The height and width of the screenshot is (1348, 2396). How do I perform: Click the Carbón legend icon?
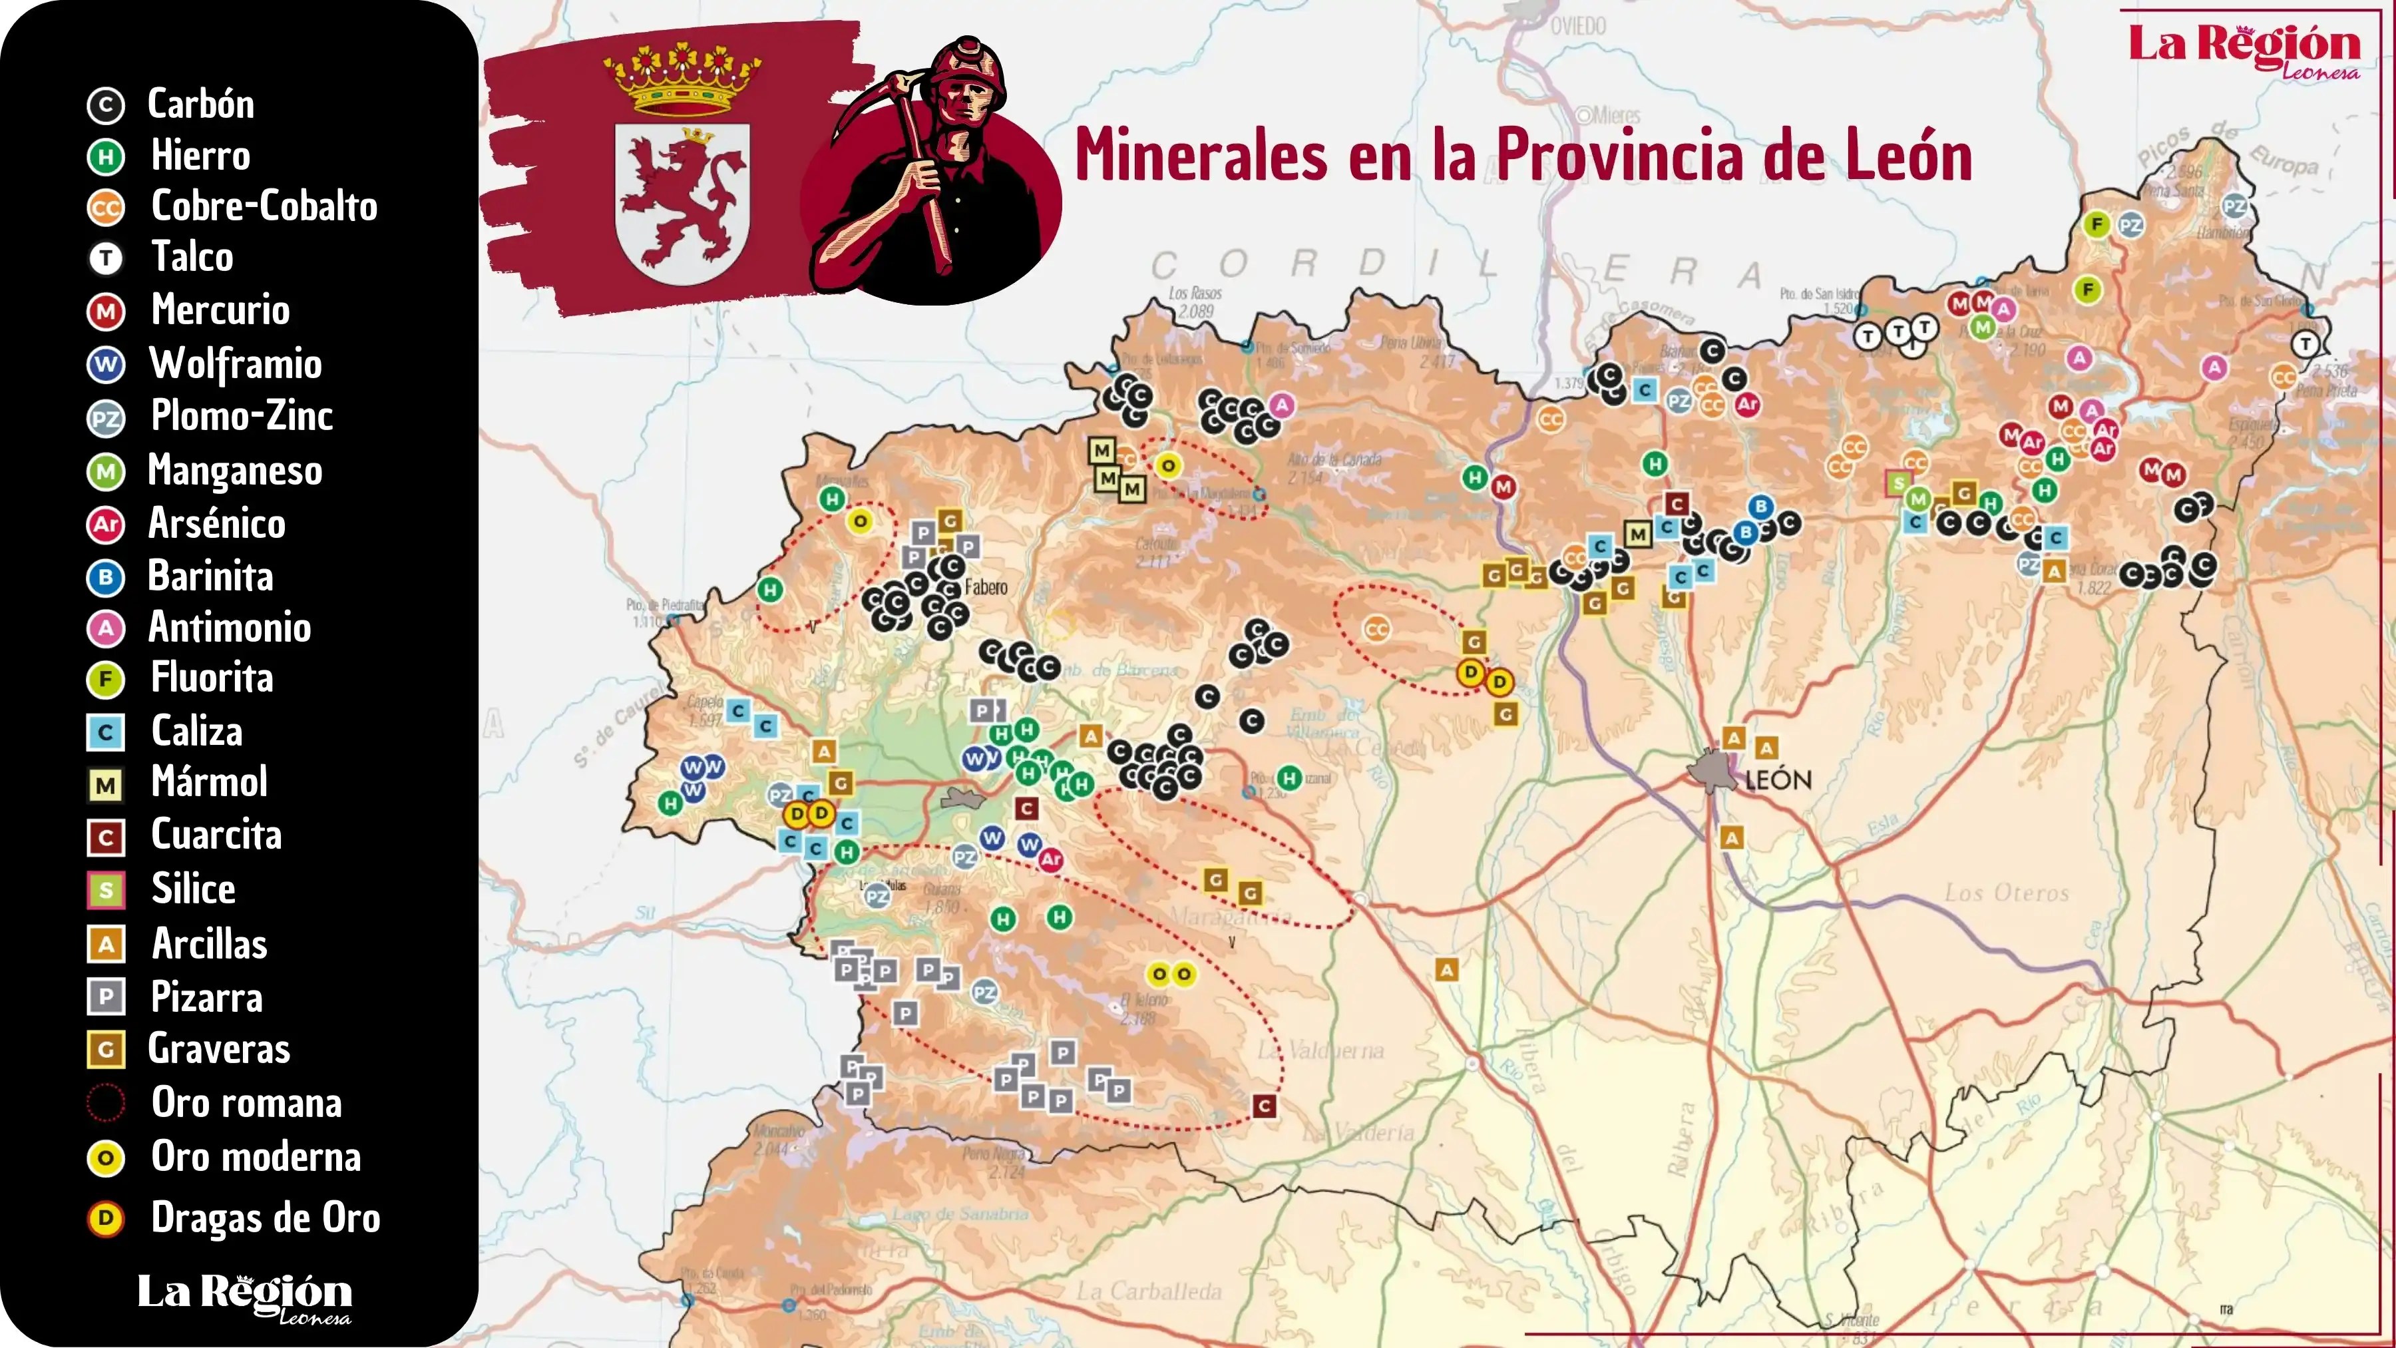pos(105,106)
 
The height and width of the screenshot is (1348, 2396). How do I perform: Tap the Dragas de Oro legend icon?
pos(105,1219)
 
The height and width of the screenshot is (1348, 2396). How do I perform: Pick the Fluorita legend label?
pos(212,678)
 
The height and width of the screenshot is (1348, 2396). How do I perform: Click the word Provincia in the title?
pos(1623,156)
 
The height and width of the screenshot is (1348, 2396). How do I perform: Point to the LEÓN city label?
pos(1778,780)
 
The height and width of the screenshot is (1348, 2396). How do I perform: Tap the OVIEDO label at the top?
pos(1579,26)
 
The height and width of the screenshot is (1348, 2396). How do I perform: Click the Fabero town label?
pos(986,587)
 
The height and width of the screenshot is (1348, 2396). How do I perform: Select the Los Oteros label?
pos(2006,893)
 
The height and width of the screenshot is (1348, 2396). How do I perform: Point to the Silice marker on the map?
pos(1897,483)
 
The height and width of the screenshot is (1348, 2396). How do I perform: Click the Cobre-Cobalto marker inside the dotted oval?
pos(1376,630)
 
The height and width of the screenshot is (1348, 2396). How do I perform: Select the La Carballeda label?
pos(1149,1291)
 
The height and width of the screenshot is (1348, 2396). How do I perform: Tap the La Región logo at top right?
pos(2244,49)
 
